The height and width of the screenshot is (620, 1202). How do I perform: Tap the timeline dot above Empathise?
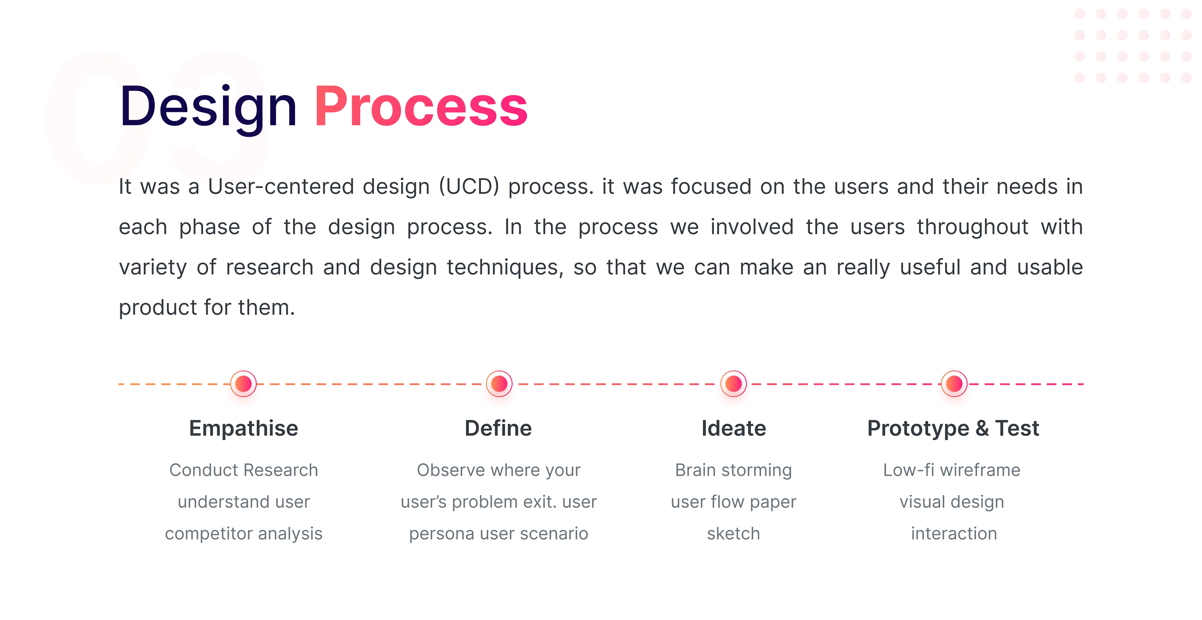(244, 384)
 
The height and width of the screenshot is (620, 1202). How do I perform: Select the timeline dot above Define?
(499, 384)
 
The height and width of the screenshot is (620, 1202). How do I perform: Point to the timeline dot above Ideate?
(733, 384)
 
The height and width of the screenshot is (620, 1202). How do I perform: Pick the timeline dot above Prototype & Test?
(954, 384)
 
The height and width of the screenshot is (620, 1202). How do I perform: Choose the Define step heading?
(498, 428)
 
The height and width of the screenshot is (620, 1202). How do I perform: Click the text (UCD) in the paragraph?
(469, 186)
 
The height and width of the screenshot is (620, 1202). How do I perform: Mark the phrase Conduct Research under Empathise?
(244, 470)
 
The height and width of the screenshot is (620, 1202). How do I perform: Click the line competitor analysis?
(244, 534)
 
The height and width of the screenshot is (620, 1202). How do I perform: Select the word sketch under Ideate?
(733, 533)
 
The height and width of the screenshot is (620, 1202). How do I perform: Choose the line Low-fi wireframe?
(952, 470)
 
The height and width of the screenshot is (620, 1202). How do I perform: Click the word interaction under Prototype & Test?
(954, 533)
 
